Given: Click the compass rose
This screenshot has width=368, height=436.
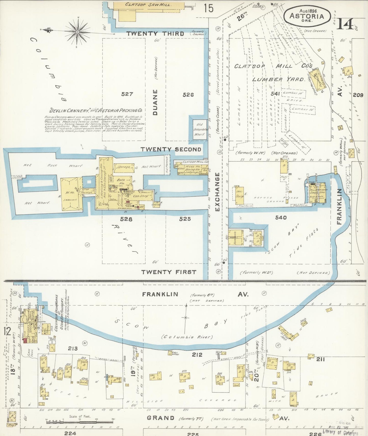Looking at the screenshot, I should point(77,32).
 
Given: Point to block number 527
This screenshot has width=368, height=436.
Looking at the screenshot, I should point(127,94).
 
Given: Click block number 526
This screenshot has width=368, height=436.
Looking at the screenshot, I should point(188,95).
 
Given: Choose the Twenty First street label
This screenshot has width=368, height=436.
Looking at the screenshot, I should point(169,272).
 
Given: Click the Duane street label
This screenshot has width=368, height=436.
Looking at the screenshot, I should point(155,102).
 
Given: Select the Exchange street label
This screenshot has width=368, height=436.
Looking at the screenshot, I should point(217,192).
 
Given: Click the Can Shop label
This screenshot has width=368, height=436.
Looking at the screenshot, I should point(141,196).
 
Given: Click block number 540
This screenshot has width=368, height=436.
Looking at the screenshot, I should point(281,217).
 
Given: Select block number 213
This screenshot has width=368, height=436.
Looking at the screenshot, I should point(73,348).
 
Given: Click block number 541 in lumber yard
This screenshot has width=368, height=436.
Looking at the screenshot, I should point(275,94).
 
